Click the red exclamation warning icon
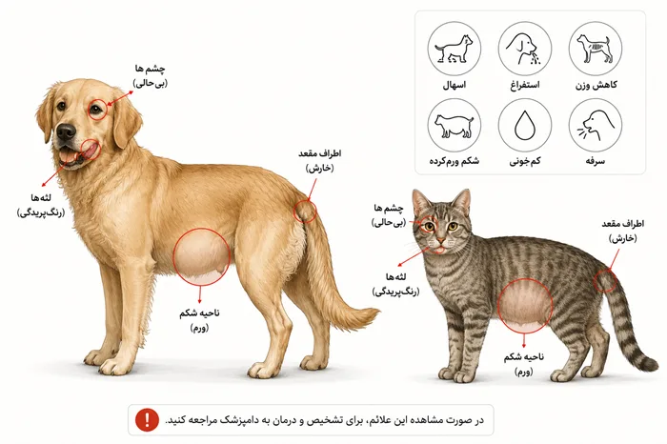click(x=147, y=420)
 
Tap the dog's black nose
click(x=66, y=132)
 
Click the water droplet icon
click(x=525, y=126)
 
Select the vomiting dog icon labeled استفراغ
click(x=525, y=49)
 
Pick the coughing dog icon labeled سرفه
click(x=596, y=126)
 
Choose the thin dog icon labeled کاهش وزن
click(x=596, y=49)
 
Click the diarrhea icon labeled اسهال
click(x=455, y=49)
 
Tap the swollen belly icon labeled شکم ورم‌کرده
click(x=455, y=126)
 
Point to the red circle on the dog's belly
click(x=173, y=256)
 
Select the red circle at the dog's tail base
click(x=293, y=211)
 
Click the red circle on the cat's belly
click(x=497, y=305)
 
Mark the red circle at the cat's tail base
click(x=594, y=280)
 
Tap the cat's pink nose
click(x=441, y=243)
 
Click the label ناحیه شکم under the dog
click(x=199, y=313)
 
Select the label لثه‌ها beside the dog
click(x=41, y=198)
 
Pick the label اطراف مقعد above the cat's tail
click(x=623, y=224)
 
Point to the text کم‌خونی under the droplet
click(x=525, y=161)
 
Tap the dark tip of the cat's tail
click(x=650, y=365)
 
